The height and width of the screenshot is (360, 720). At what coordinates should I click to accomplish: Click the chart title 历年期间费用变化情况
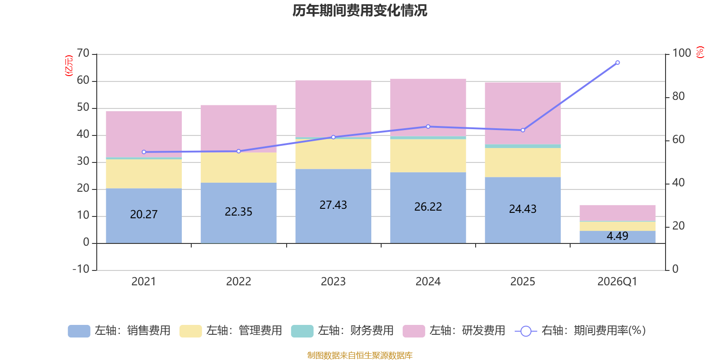[x=360, y=10]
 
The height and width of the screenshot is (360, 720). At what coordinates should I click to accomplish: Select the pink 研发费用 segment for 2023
[x=333, y=108]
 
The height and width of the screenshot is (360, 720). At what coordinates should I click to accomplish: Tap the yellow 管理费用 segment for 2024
[x=428, y=156]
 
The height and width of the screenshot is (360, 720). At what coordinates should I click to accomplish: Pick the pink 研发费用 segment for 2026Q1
[x=617, y=213]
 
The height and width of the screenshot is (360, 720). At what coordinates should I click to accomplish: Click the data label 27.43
[x=333, y=205]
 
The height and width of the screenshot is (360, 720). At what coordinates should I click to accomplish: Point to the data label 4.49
[x=617, y=236]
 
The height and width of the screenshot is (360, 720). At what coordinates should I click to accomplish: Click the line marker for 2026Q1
[x=617, y=63]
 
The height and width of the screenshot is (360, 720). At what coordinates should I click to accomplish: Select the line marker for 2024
[x=428, y=126]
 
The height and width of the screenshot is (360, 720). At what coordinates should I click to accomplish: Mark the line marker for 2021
[x=144, y=152]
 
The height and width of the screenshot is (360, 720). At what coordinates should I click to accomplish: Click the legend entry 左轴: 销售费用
[x=119, y=331]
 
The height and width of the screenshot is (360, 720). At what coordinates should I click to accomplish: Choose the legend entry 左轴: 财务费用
[x=342, y=331]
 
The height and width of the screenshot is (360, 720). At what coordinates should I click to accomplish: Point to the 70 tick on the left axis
[x=83, y=54]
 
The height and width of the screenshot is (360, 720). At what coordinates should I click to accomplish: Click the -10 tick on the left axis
[x=81, y=269]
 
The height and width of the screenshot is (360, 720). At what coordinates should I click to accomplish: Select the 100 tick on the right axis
[x=682, y=53]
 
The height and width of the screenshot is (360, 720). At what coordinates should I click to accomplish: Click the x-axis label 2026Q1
[x=617, y=282]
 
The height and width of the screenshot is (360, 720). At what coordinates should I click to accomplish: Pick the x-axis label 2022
[x=238, y=282]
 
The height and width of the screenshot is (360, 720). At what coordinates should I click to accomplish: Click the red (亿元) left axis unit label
[x=68, y=66]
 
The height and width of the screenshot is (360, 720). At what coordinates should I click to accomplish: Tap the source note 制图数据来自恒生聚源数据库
[x=360, y=355]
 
